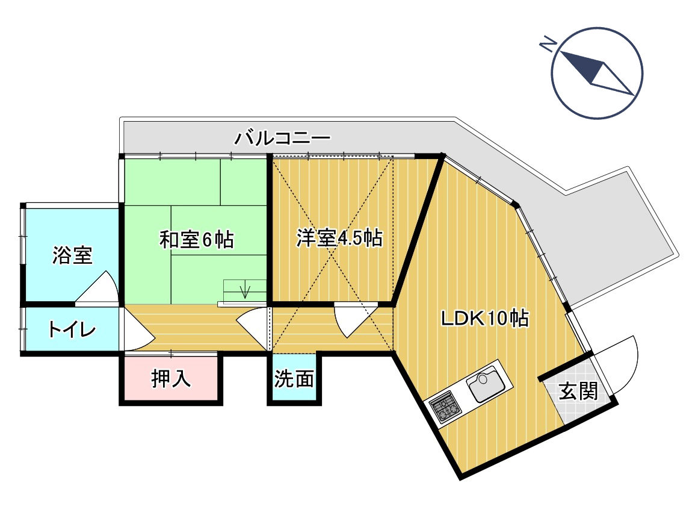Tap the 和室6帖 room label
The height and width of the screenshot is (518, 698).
(x=196, y=239)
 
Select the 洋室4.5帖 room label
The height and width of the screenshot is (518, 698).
(x=339, y=238)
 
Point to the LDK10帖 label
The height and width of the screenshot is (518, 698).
(x=484, y=317)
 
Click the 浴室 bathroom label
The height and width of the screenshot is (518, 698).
(x=72, y=255)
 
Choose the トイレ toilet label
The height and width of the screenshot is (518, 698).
(x=72, y=330)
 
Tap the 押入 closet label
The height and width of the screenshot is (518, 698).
(x=171, y=379)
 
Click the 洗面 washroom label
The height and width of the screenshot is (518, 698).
(x=294, y=379)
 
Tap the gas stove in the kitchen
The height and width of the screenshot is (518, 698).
(x=445, y=406)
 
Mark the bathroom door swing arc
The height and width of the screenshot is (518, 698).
(x=100, y=287)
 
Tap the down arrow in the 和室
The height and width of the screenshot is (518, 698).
(x=245, y=291)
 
